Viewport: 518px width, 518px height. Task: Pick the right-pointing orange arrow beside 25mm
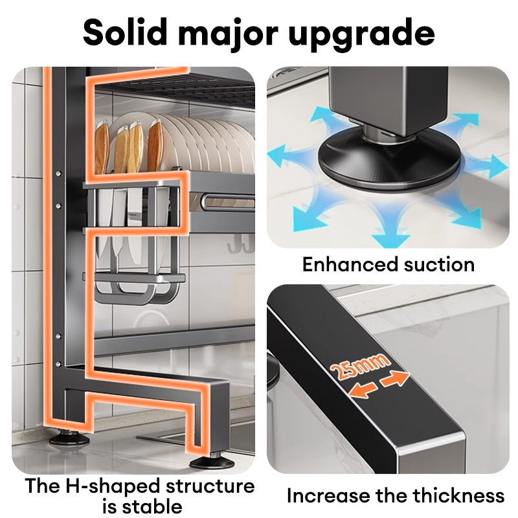click(x=396, y=379)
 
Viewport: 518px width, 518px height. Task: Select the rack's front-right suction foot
click(x=214, y=462)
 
